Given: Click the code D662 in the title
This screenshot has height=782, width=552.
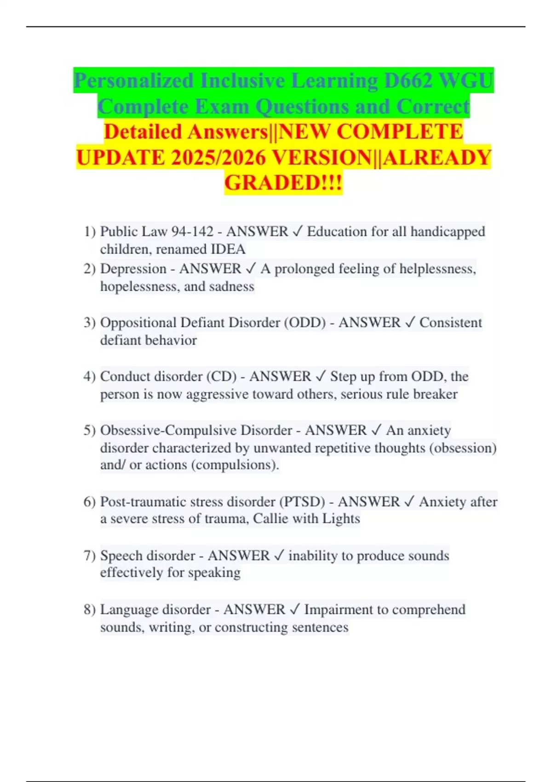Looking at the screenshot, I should click(408, 81).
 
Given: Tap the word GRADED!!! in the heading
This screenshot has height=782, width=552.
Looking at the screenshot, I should click(283, 183).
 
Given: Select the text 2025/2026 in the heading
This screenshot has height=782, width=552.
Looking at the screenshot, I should click(218, 158).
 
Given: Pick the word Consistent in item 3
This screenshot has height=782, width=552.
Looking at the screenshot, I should click(451, 322).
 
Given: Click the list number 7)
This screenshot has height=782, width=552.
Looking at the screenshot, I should click(89, 556).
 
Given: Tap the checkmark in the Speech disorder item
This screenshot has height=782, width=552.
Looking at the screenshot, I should click(279, 556).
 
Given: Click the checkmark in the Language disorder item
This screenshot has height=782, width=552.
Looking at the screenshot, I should click(294, 609).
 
